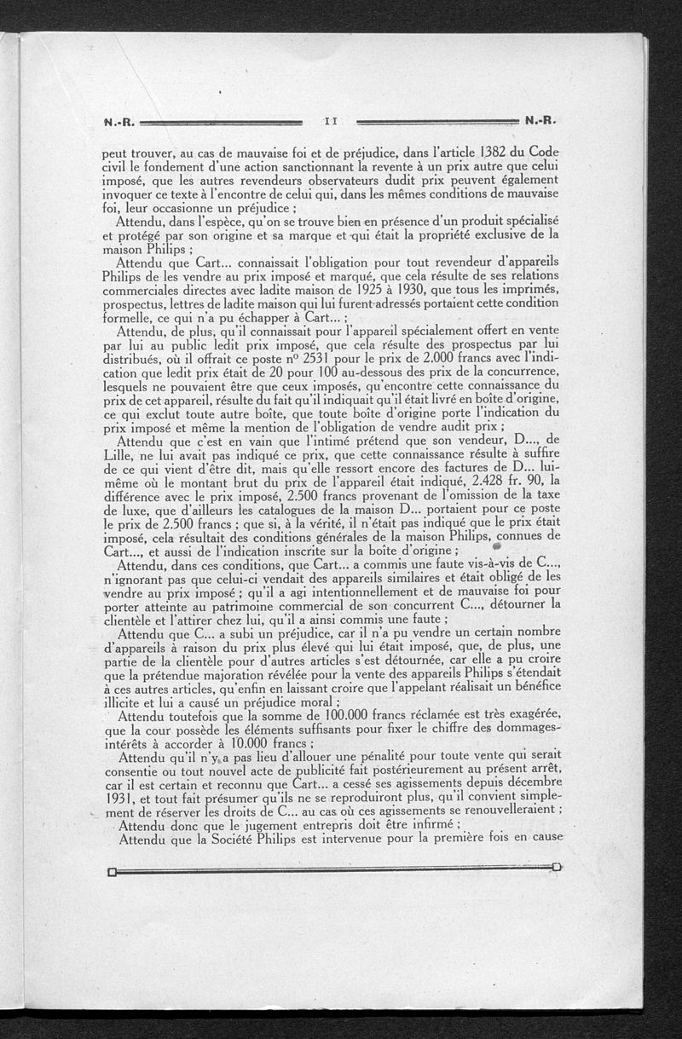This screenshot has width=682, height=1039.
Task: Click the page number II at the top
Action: tap(332, 122)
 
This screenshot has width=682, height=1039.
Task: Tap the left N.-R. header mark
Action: tap(118, 122)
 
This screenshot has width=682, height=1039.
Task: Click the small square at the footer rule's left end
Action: tap(112, 872)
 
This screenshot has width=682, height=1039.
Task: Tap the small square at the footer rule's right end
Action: tap(558, 868)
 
